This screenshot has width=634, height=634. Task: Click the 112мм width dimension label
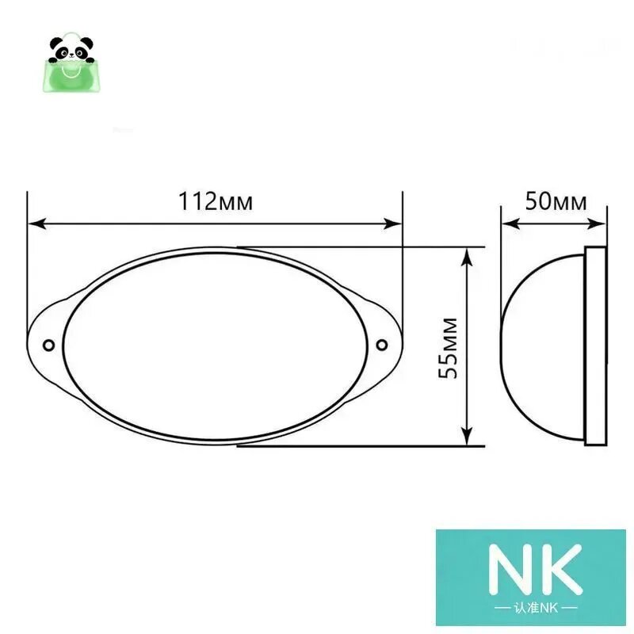click(216, 201)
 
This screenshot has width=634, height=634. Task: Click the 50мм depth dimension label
click(556, 201)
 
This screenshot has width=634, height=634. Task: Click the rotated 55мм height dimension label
click(448, 349)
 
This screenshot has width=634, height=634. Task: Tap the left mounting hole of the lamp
click(49, 346)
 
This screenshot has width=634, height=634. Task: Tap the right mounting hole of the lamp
click(382, 345)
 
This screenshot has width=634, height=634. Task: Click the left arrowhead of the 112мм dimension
click(36, 224)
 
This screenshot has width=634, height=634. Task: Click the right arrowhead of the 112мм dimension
click(392, 223)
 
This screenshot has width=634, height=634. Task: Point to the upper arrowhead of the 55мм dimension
click(467, 256)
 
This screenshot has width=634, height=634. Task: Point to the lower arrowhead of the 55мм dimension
click(467, 437)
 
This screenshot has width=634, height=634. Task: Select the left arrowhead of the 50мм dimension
click(510, 223)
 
